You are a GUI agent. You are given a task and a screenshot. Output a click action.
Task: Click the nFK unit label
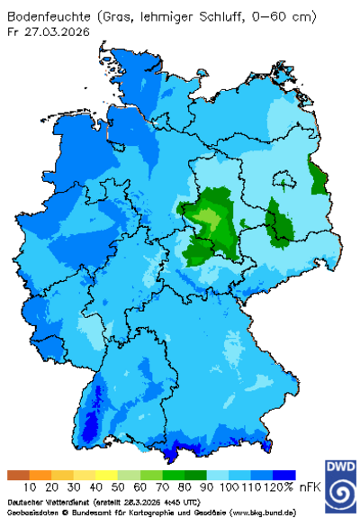[x=311, y=486]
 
